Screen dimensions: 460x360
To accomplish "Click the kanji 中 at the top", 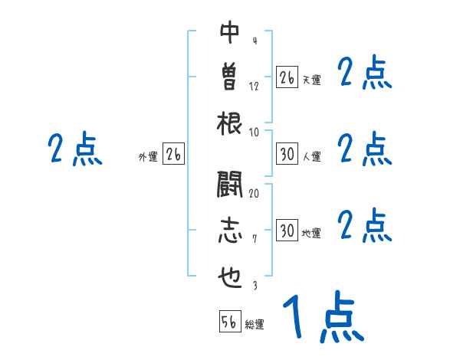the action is [x=229, y=33].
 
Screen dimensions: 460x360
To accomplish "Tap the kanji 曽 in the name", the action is [x=229, y=77].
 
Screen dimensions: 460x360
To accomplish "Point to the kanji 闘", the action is [x=229, y=185].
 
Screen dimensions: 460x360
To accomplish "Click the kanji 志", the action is [x=229, y=231].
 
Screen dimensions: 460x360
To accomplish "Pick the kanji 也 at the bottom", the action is [x=229, y=277].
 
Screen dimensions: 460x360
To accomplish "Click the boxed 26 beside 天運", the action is [x=287, y=77].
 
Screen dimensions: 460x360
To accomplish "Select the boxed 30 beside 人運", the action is [x=287, y=154].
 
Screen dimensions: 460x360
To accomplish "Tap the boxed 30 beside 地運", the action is [x=287, y=231].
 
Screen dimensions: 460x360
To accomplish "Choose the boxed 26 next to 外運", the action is [x=174, y=154].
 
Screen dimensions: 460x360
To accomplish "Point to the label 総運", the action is [x=255, y=325].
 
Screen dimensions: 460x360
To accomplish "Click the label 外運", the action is [x=148, y=157].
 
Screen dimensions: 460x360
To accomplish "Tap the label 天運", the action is [x=311, y=80].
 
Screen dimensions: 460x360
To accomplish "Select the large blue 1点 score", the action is [x=323, y=317].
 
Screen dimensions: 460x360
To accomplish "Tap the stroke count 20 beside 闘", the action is [x=254, y=193].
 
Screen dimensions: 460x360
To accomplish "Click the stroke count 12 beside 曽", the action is [x=254, y=86].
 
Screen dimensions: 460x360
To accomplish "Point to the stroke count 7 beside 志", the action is [x=254, y=239].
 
